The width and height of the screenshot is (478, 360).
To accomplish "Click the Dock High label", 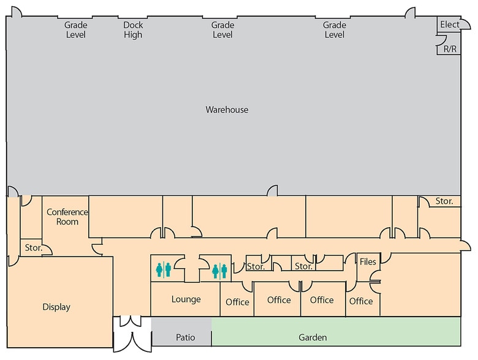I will pos(133,30).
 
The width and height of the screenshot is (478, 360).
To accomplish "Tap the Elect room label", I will pos(449,24).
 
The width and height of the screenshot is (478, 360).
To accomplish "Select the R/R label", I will pos(450,48).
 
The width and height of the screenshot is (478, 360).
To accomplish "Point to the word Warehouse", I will pos(227,110).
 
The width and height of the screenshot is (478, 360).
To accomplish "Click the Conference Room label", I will pos(67,217).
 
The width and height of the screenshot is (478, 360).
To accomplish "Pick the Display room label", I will pos(56,307).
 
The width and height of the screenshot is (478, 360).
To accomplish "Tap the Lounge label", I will pos(186,299).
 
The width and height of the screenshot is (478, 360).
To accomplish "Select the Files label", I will pos(368,262).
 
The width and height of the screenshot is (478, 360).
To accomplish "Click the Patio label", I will pos(185,337).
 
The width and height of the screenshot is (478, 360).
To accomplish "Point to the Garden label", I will pos(313,337).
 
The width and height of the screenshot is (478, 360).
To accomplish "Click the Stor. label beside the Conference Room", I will pos(33,248).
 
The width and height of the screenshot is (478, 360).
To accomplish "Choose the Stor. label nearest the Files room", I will pos(304,266).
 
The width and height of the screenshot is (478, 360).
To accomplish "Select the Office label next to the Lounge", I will pos(237,302).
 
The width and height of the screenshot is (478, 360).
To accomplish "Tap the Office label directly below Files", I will pos(361,301).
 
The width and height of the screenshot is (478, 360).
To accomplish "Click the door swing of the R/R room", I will pos(440,41).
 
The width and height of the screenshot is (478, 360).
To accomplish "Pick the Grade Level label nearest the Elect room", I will pos(335,30).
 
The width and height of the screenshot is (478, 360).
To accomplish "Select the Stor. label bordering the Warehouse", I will pos(444,201).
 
